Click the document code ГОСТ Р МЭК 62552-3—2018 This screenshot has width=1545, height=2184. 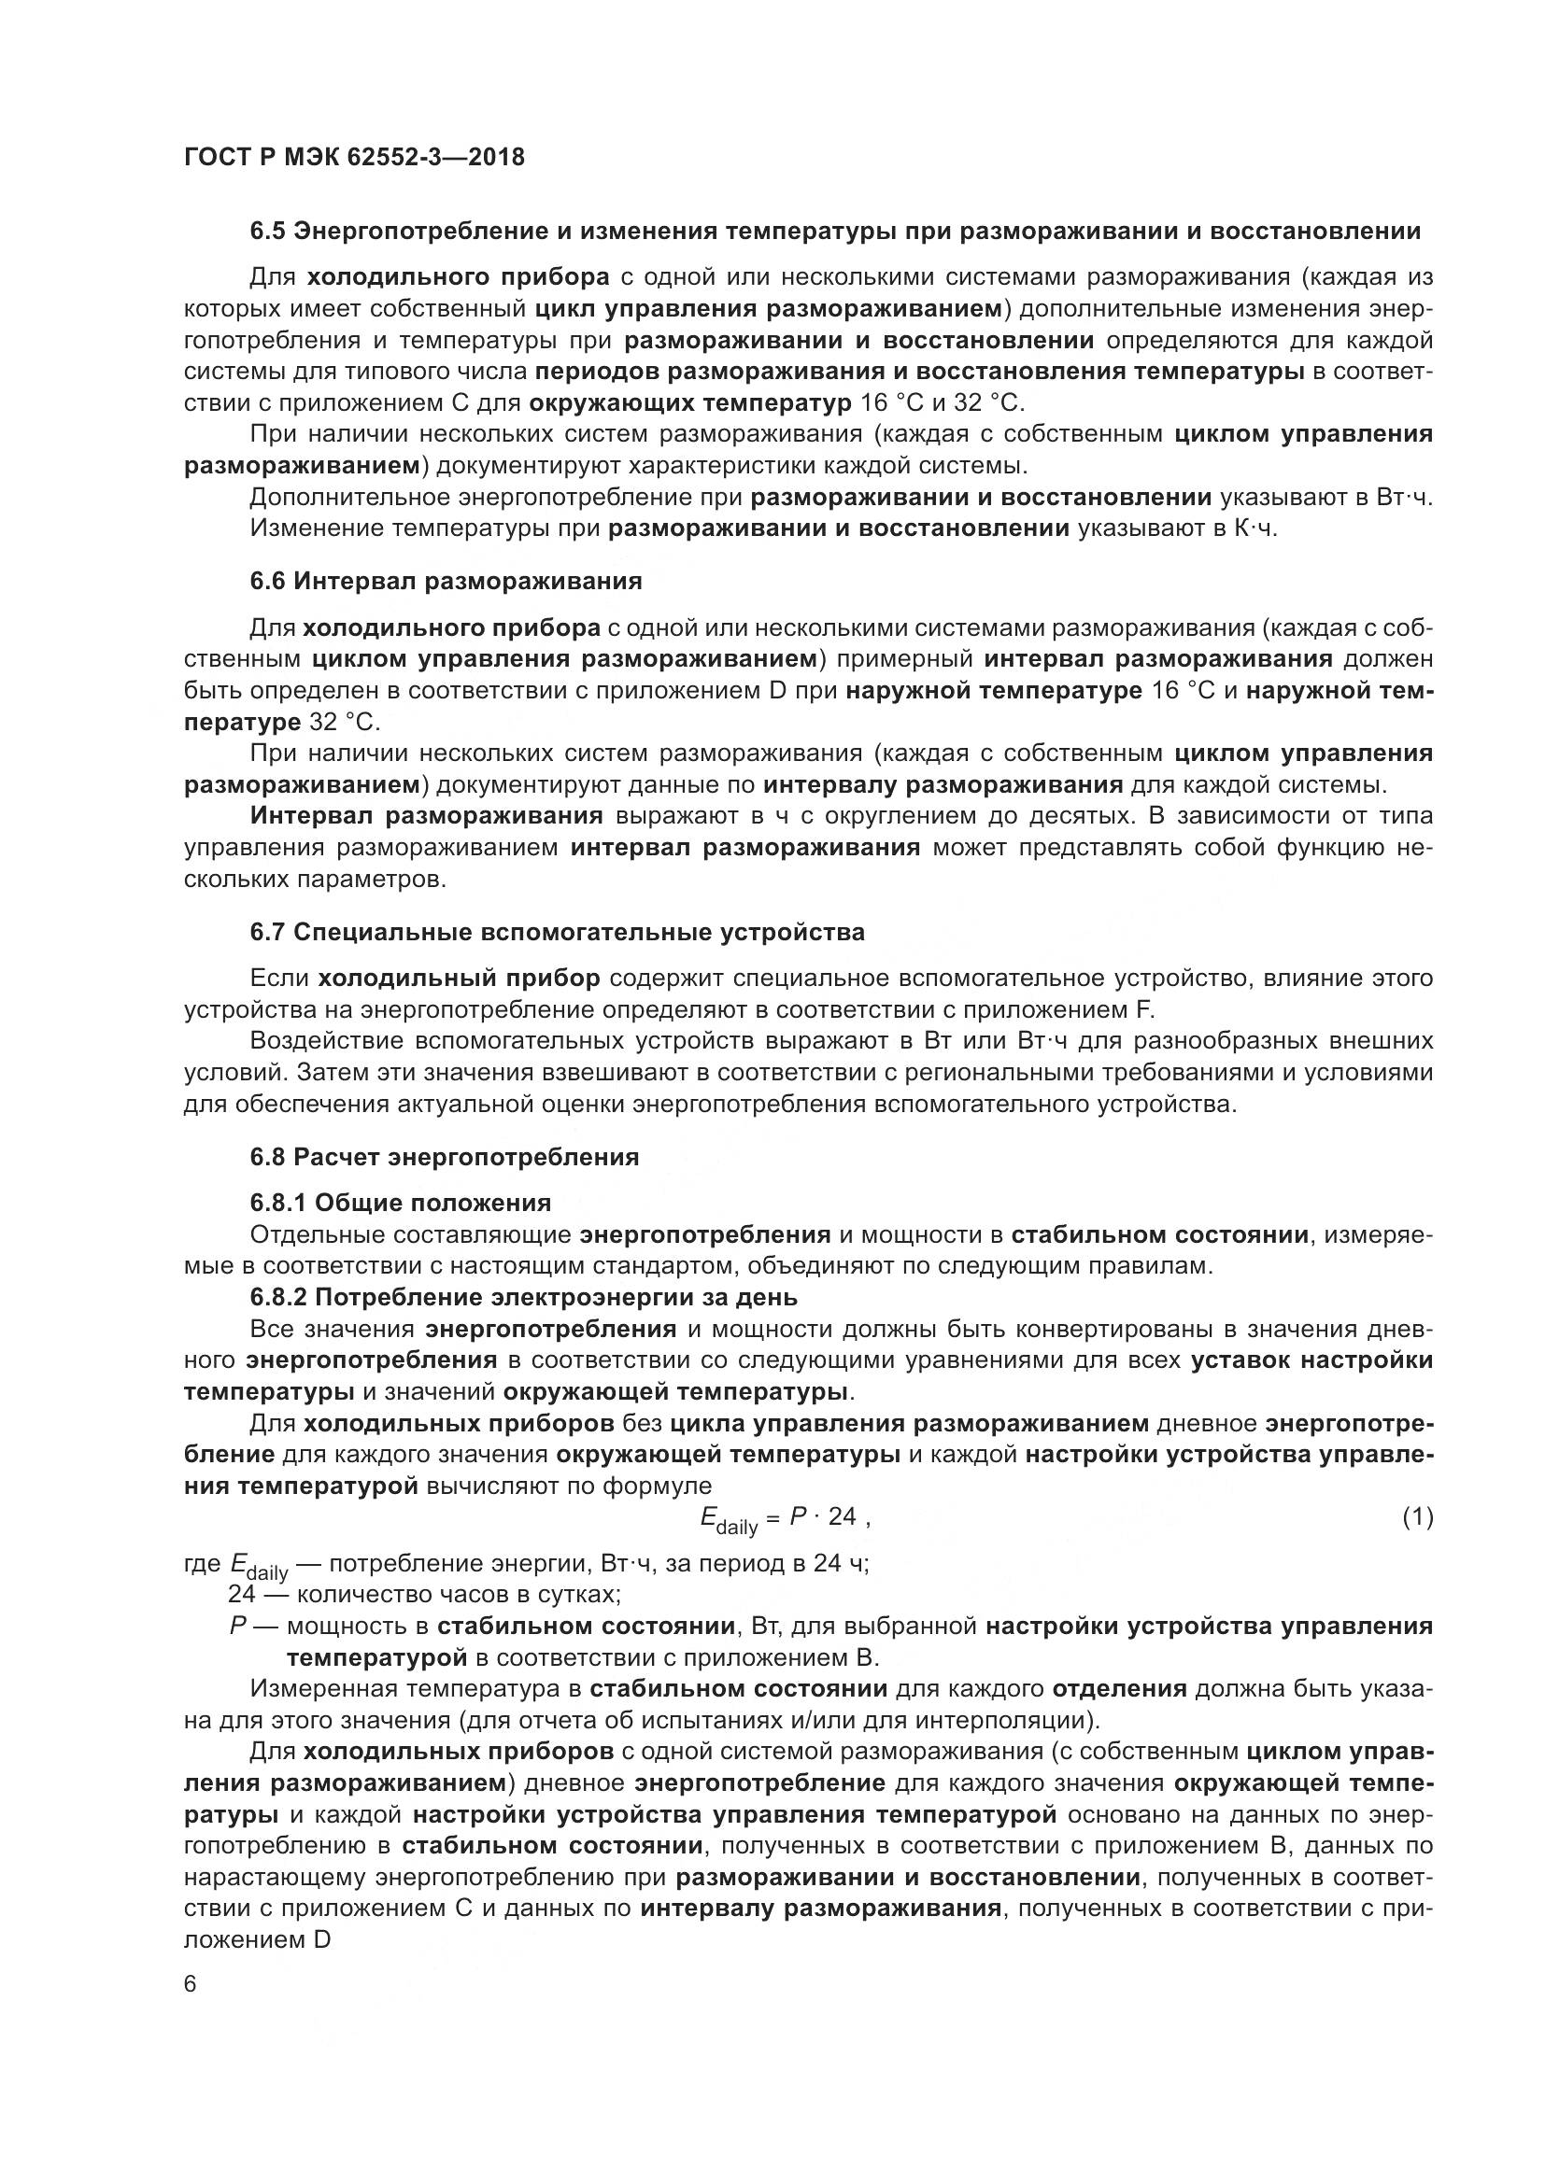354,157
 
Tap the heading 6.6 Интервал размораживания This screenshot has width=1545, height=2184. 446,580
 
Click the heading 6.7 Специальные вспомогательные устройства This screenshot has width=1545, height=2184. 558,932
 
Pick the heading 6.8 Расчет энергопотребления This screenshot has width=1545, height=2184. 445,1158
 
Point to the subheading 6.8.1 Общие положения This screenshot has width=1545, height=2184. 401,1204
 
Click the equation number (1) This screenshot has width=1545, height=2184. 1417,1517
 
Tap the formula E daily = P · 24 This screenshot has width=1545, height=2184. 782,1519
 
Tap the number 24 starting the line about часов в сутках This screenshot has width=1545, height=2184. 242,1593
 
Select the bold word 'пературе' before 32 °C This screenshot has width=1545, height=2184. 242,722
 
